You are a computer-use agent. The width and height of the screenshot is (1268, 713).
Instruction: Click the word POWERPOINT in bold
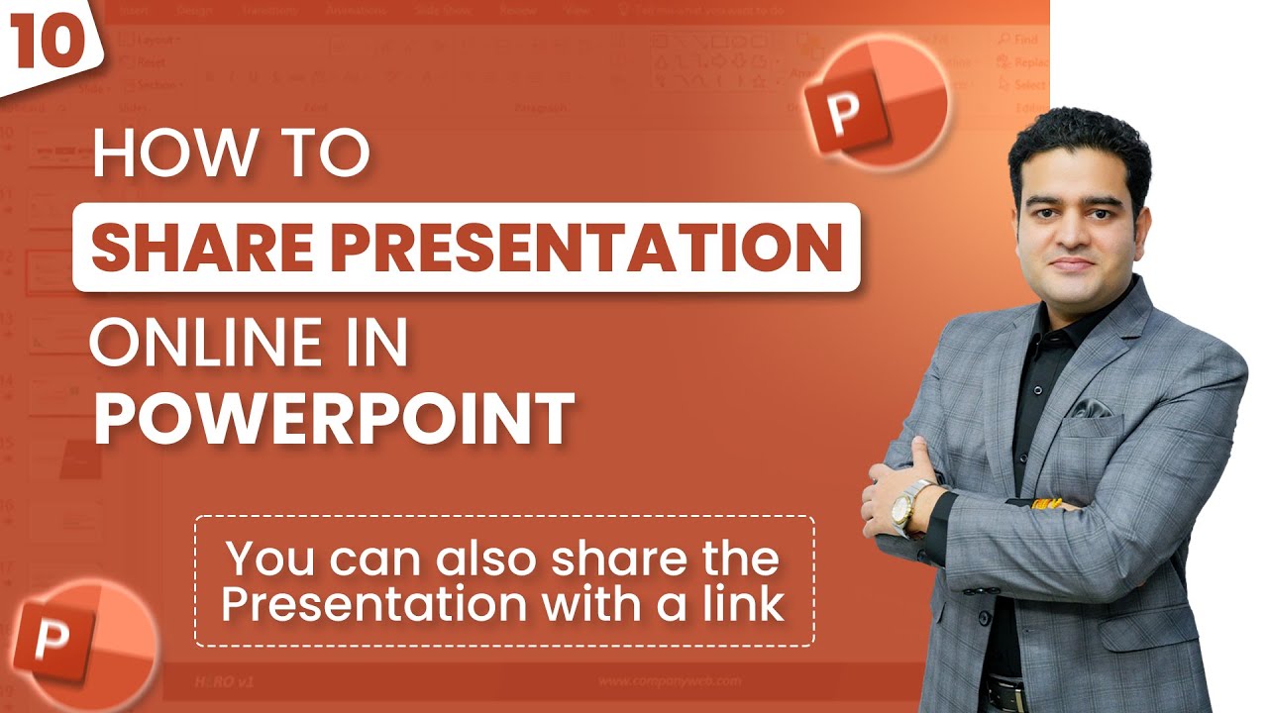334,419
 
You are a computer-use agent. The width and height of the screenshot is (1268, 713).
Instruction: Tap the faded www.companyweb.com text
670,681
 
